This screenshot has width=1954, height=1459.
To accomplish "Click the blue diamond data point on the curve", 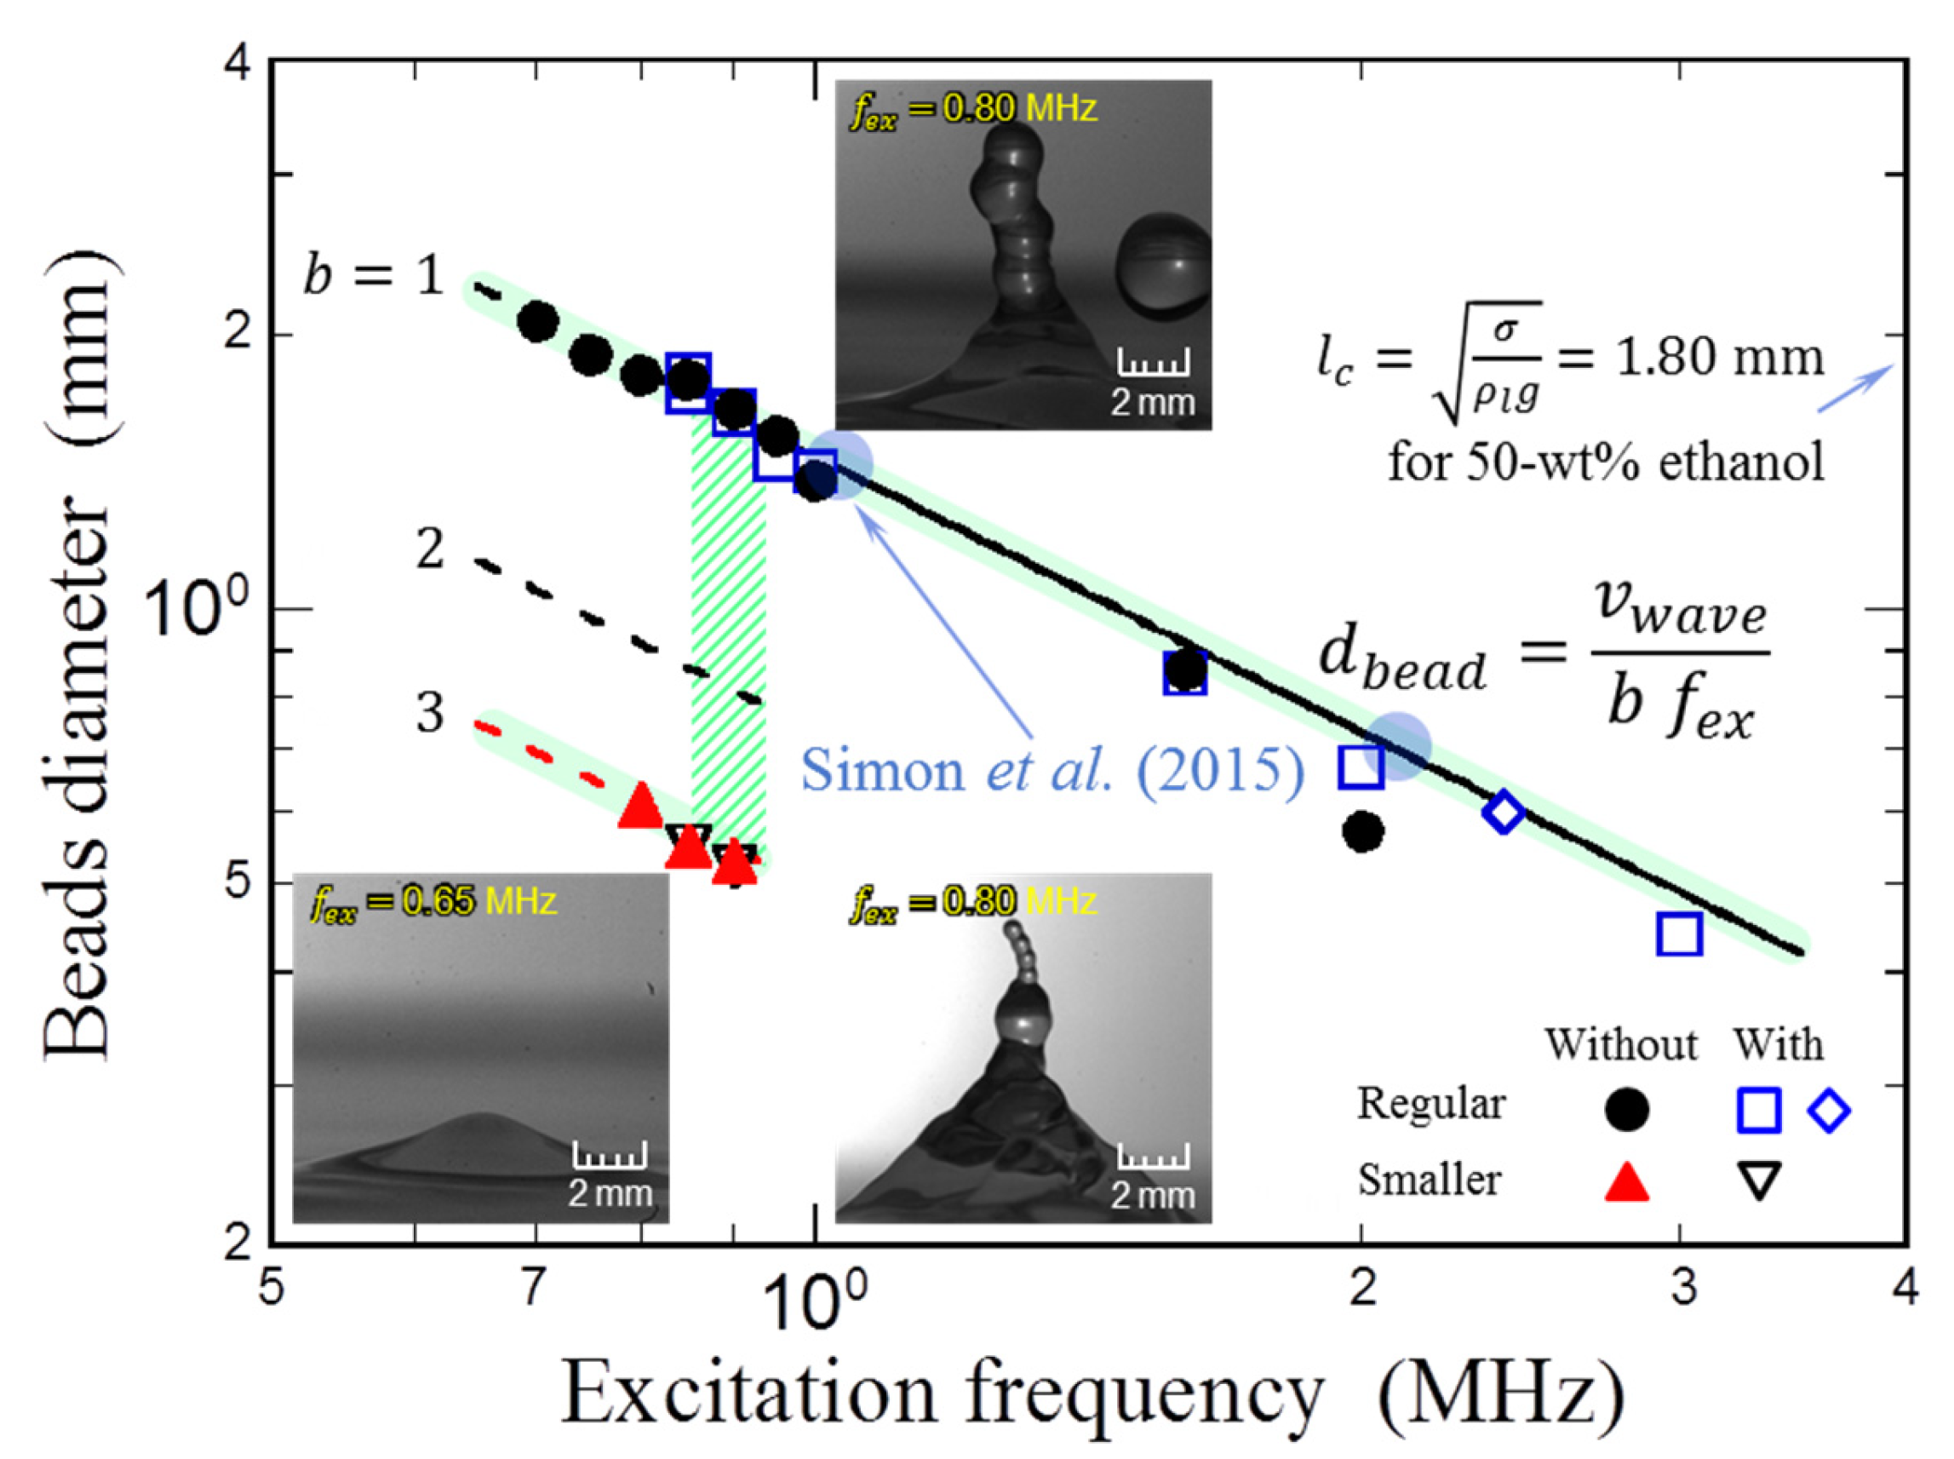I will point(1503,812).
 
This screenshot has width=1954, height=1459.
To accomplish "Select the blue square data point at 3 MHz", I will point(1678,934).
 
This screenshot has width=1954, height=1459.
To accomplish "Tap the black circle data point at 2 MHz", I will point(1362,831).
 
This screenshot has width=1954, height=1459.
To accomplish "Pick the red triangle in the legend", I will point(1625,1180).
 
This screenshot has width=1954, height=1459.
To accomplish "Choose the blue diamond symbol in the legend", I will point(1829,1110).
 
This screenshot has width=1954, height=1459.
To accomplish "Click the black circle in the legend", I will point(1625,1110).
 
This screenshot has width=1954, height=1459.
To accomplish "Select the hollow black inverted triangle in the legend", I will point(1758,1180).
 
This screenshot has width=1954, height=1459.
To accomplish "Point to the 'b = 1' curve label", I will point(373,277).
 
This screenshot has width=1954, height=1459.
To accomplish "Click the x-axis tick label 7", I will point(530,1288).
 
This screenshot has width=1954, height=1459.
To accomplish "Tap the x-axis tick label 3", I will point(1684,1288).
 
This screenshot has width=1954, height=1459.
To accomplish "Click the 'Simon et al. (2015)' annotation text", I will point(1051,771).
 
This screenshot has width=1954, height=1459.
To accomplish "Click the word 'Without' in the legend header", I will point(1620,1045).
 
